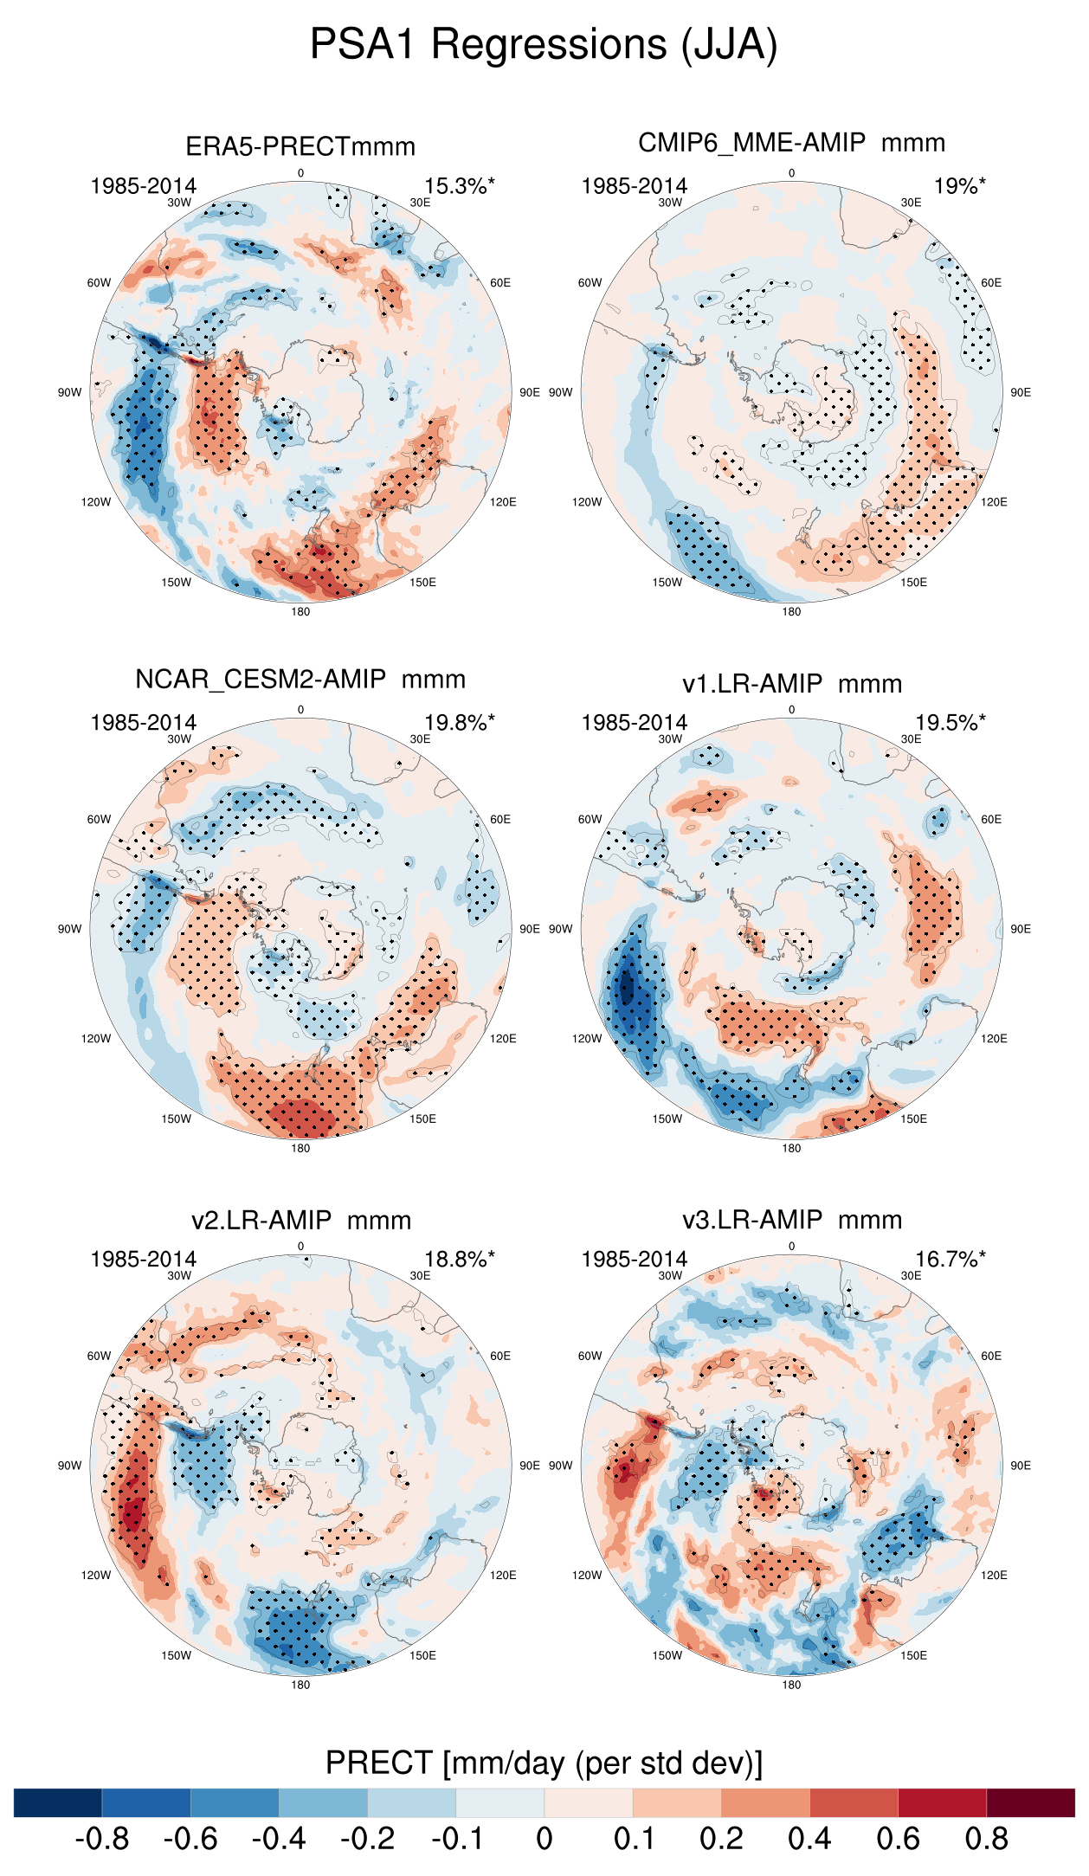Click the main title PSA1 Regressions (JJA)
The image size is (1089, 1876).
pos(544,44)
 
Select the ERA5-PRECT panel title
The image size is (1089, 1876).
pos(300,146)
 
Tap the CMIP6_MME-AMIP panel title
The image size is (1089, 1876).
pos(791,143)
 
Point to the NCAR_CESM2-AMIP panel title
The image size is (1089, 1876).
pos(300,680)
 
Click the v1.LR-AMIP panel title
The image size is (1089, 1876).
pos(791,684)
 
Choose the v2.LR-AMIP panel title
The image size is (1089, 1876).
pos(300,1221)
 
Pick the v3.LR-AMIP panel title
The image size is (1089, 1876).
pos(791,1221)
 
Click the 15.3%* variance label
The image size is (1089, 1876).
pos(459,186)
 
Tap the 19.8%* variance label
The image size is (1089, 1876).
pos(459,723)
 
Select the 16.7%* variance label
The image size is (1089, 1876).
pos(950,1260)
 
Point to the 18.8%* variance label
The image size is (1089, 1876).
pos(459,1260)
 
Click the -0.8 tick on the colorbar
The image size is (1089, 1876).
pos(102,1839)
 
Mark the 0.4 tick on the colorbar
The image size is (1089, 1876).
pos(809,1839)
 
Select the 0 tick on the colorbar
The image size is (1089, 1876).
pos(544,1839)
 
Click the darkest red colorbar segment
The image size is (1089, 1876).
pos(1030,1802)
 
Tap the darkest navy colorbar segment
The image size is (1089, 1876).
pos(58,1802)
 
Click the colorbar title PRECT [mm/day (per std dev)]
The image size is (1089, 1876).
pos(544,1763)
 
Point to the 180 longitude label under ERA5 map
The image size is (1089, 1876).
pos(300,612)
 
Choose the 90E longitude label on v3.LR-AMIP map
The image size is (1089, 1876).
pos(1021,1466)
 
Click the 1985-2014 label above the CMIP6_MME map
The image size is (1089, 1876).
pos(634,186)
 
